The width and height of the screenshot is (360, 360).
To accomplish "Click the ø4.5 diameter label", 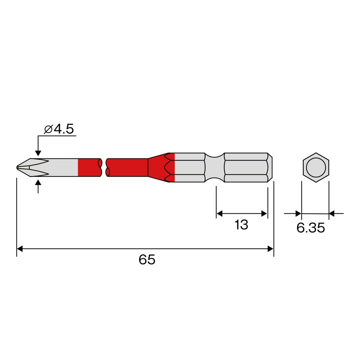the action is [x=59, y=129].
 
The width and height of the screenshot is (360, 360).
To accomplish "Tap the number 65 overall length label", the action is [x=147, y=260].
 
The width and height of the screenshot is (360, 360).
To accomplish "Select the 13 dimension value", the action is [x=241, y=225].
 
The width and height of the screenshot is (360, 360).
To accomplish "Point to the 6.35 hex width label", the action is [x=311, y=228].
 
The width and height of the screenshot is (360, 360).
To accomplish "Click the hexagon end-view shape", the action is [x=316, y=167].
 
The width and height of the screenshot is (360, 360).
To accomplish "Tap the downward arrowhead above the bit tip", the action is [x=38, y=153].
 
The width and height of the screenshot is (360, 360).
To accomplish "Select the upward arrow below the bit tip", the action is [x=38, y=187].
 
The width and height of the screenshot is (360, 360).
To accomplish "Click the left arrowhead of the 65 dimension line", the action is [x=20, y=249].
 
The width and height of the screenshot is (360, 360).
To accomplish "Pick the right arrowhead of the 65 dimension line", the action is [x=270, y=249].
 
